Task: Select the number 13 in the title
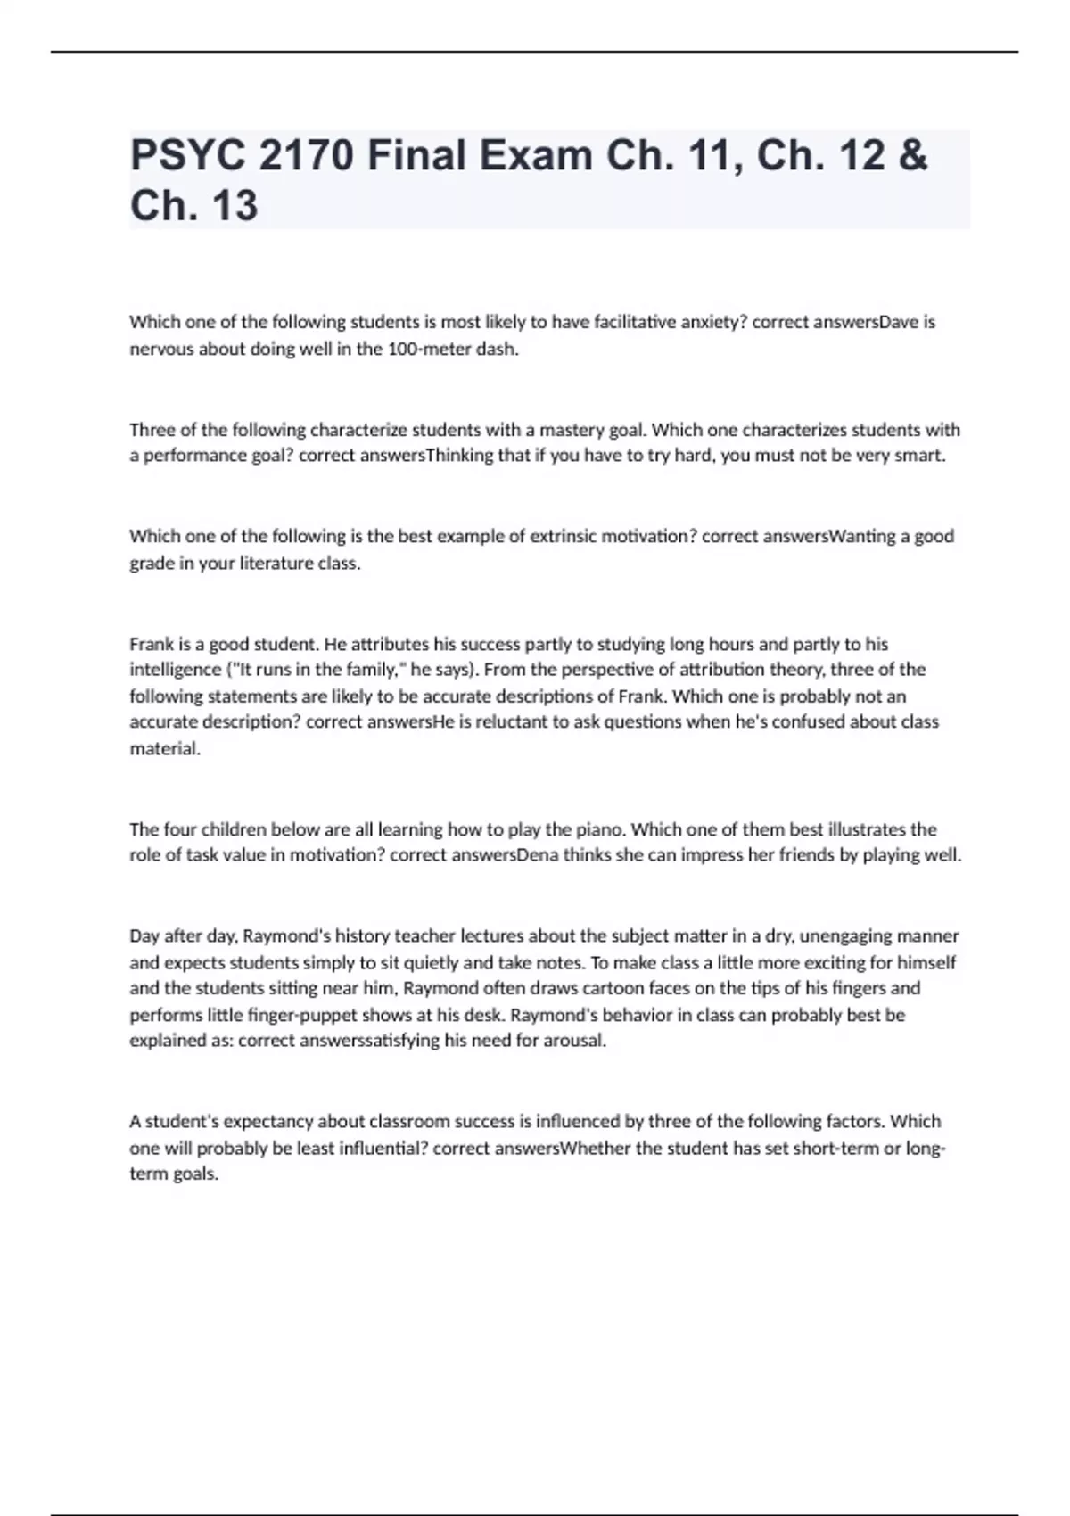(x=235, y=206)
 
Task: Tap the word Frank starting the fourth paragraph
(x=151, y=644)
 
